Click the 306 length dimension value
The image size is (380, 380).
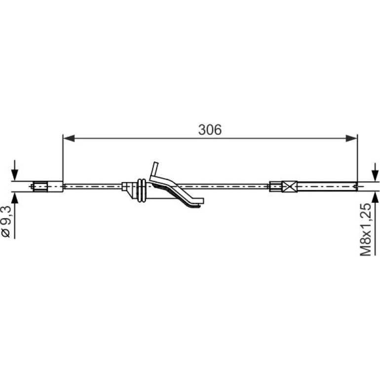click(x=210, y=130)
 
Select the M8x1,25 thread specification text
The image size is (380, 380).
click(x=366, y=230)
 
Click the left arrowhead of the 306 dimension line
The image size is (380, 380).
click(x=69, y=138)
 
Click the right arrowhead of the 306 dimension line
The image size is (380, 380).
click(x=351, y=138)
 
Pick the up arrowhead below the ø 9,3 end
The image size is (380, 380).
click(x=15, y=198)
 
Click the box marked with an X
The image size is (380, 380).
click(x=290, y=187)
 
